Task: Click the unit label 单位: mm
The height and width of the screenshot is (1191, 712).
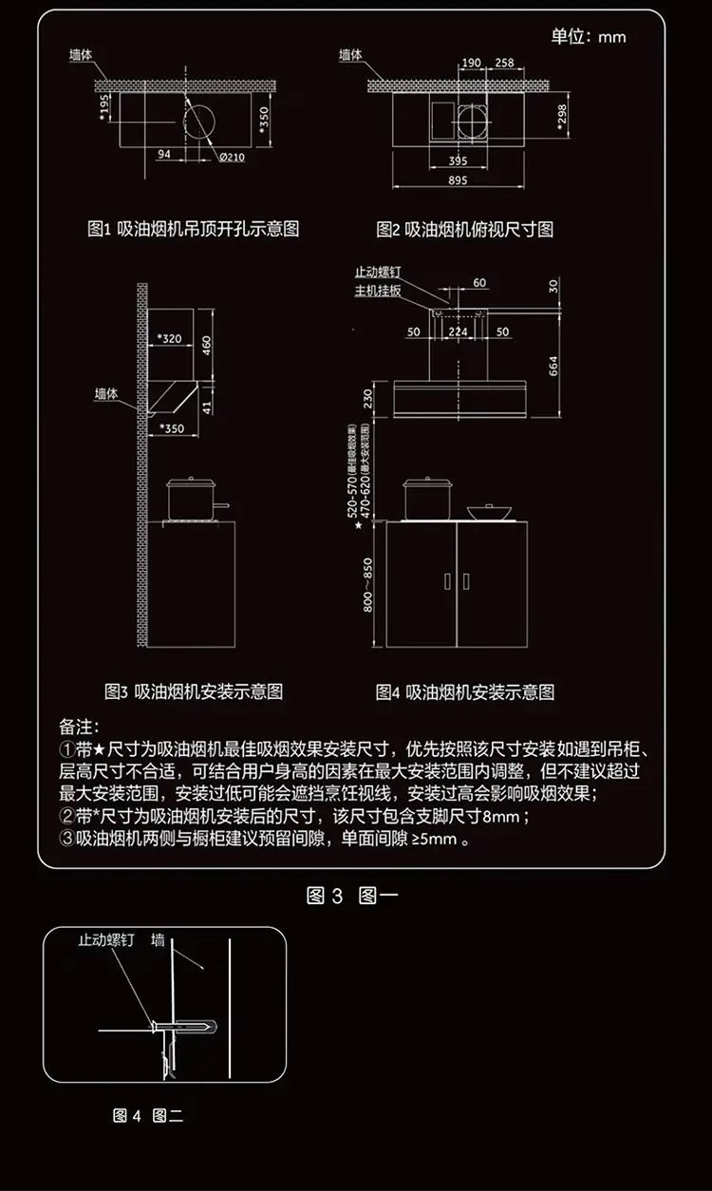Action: point(589,37)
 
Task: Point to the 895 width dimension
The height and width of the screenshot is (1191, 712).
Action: point(459,180)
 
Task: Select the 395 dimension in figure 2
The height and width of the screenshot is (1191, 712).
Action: point(459,159)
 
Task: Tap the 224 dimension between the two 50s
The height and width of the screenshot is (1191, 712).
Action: point(459,331)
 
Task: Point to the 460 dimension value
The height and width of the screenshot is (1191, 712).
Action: point(207,341)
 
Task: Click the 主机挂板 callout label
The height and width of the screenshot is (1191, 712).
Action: point(378,290)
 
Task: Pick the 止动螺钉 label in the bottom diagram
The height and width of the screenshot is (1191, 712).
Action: point(105,940)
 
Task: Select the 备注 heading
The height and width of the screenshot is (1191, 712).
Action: point(79,727)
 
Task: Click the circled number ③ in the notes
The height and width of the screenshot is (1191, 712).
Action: point(66,840)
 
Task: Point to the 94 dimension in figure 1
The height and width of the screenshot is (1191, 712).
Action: point(163,154)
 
